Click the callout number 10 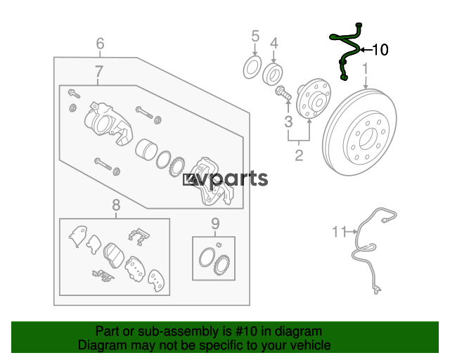(380, 50)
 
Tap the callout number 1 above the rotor (365, 69)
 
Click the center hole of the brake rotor (368, 139)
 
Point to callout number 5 (255, 37)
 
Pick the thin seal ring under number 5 (252, 67)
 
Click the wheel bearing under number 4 (273, 74)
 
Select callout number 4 (274, 44)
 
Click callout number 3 (288, 122)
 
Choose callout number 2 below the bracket (299, 155)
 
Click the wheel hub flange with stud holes (313, 98)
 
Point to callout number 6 (100, 44)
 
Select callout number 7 (98, 72)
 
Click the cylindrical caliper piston (146, 150)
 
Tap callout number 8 (116, 205)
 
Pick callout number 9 (215, 224)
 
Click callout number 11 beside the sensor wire (340, 231)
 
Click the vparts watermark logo (226, 179)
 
